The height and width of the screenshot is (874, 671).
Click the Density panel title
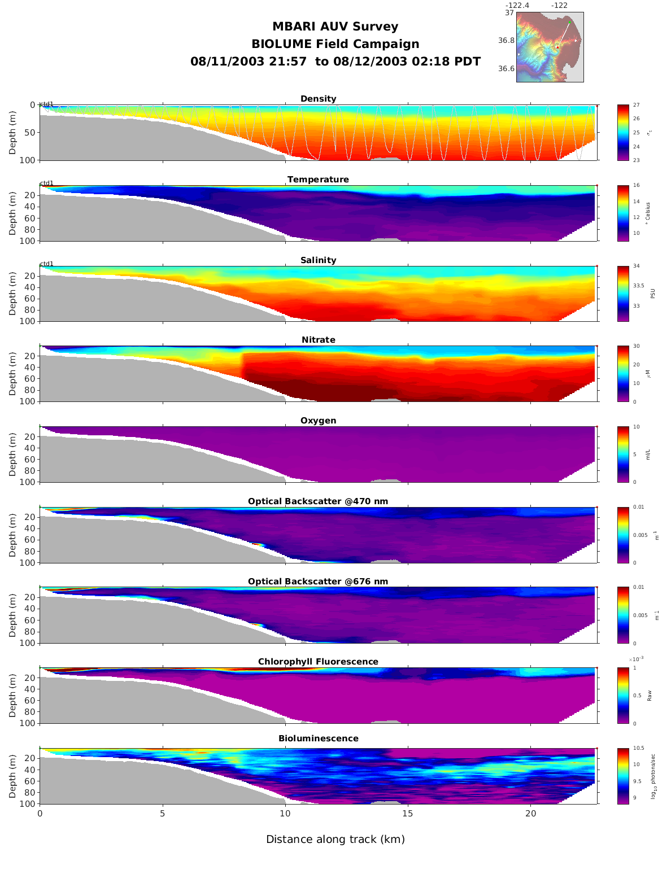pyautogui.click(x=318, y=99)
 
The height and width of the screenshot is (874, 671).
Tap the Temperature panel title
pyautogui.click(x=318, y=180)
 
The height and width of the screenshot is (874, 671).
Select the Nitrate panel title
pyautogui.click(x=318, y=340)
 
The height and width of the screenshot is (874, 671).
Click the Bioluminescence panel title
pyautogui.click(x=318, y=738)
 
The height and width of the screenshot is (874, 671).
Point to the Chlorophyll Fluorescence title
pyautogui.click(x=318, y=662)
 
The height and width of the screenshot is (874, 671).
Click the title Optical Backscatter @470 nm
pyautogui.click(x=318, y=501)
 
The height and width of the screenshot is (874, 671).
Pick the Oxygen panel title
pyautogui.click(x=318, y=421)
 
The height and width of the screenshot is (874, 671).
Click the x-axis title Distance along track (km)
pyautogui.click(x=335, y=840)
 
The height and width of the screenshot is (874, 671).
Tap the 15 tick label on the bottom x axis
pyautogui.click(x=408, y=814)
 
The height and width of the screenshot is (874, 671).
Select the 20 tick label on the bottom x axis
pyautogui.click(x=530, y=814)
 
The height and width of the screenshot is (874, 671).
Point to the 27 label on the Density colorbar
pyautogui.click(x=636, y=105)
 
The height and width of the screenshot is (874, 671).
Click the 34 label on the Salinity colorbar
pyautogui.click(x=636, y=266)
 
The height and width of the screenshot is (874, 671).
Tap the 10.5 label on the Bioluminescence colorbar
pyautogui.click(x=638, y=749)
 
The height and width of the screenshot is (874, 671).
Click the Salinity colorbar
pyautogui.click(x=623, y=294)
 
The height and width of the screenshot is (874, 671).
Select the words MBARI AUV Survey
pyautogui.click(x=335, y=27)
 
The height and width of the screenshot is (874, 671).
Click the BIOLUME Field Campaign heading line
pyautogui.click(x=335, y=44)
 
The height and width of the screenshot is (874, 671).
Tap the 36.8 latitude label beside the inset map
pyautogui.click(x=506, y=41)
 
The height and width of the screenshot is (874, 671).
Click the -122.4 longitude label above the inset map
pyautogui.click(x=517, y=6)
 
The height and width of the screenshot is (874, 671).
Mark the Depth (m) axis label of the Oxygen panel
pyautogui.click(x=12, y=455)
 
